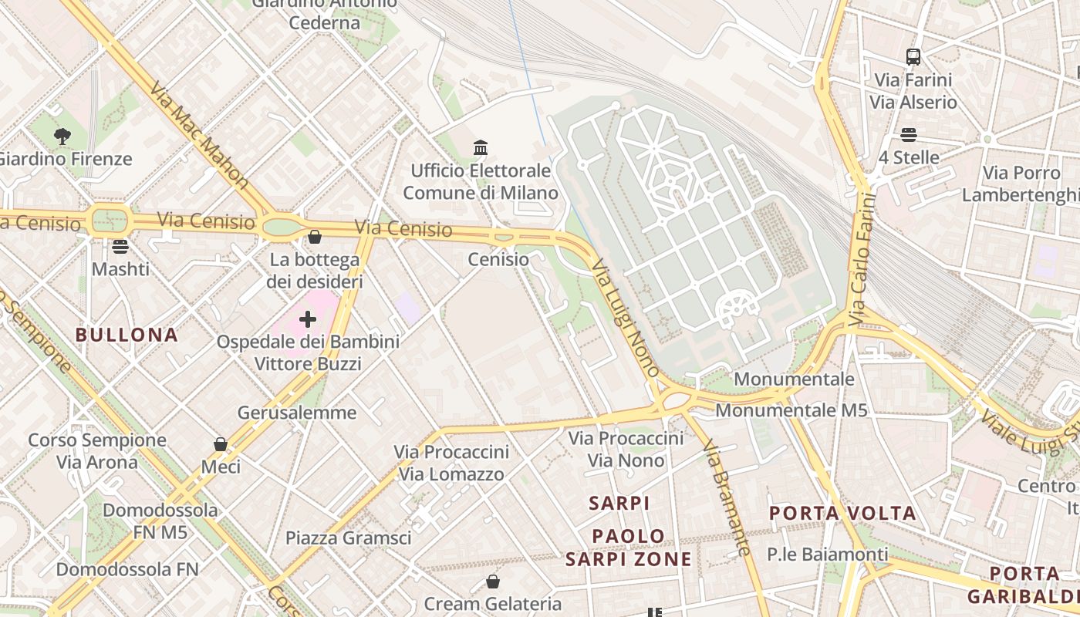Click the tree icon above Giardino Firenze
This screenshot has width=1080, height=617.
click(62, 137)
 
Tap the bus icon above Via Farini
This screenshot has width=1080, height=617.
click(913, 56)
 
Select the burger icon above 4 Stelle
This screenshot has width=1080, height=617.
click(909, 135)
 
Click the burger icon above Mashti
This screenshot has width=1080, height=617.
click(120, 247)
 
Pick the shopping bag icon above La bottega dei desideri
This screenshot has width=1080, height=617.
click(314, 237)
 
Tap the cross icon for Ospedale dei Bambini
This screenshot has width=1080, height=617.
click(308, 319)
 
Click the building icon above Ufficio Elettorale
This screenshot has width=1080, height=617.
click(481, 147)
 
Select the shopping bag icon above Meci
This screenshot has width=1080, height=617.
click(221, 444)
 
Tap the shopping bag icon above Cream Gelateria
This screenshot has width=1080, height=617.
click(492, 581)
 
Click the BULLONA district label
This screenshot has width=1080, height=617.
click(127, 335)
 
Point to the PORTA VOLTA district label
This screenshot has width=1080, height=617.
click(842, 513)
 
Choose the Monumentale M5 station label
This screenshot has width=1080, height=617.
click(791, 410)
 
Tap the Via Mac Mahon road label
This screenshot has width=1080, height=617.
click(199, 136)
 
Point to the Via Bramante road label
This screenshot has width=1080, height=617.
click(726, 497)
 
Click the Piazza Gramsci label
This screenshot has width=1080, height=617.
click(349, 538)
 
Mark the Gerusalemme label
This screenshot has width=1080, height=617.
click(297, 413)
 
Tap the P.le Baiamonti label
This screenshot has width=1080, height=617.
click(828, 554)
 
